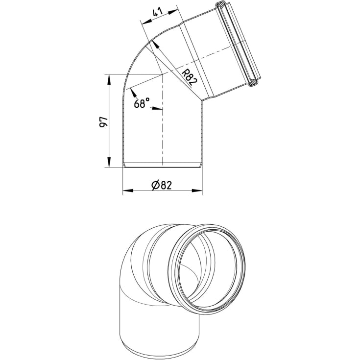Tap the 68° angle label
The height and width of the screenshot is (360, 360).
(x=142, y=103)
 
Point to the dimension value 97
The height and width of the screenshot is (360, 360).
(x=103, y=122)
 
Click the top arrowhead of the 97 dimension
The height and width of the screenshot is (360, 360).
(x=109, y=79)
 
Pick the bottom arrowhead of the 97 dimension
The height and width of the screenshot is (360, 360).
(x=109, y=162)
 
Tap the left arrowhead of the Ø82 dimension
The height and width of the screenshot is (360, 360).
(x=128, y=191)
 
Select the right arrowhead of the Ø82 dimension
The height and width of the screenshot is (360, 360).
(x=197, y=191)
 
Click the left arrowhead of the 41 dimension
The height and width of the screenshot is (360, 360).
(x=147, y=22)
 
